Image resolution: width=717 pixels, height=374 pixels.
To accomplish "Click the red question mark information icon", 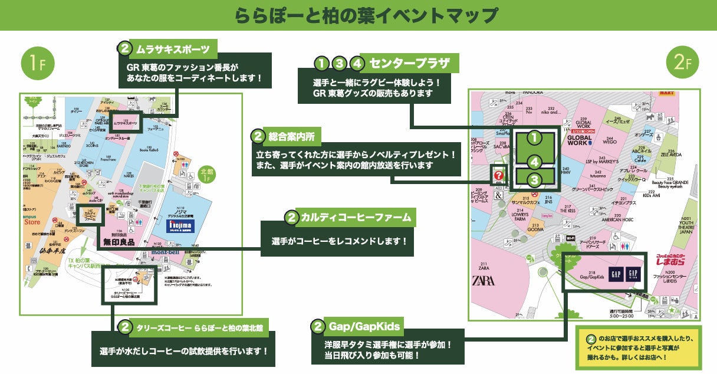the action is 499,175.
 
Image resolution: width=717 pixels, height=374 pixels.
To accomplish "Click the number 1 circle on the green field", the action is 534,137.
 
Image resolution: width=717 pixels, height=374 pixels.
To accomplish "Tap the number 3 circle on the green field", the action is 534,179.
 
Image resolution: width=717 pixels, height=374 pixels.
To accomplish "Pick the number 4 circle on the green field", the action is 534,161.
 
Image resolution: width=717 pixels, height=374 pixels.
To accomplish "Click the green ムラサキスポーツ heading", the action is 168,47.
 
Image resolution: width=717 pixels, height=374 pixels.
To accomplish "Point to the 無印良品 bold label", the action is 119,241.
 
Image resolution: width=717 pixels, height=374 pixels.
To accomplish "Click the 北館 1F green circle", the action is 206,174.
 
